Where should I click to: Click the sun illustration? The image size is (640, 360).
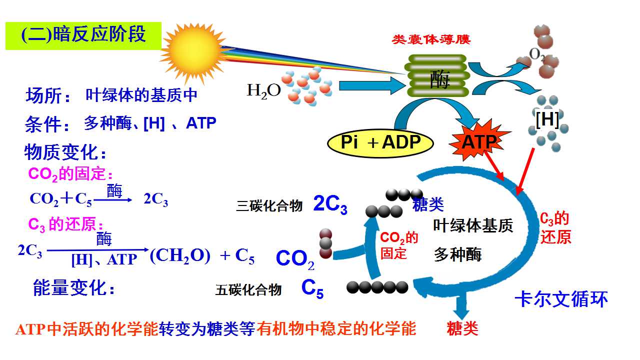193,53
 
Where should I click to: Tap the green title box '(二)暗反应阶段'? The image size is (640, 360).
83,35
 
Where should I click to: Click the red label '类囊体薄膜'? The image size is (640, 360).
431,39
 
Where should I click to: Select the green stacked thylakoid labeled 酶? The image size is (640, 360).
437,75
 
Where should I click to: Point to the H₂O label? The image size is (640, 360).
263,90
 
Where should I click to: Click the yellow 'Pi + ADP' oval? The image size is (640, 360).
380,143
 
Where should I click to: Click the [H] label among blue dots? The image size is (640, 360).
547,119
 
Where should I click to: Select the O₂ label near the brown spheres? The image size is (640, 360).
536,54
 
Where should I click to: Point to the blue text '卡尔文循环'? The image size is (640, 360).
561,299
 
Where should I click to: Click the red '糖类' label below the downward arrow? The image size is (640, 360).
462,328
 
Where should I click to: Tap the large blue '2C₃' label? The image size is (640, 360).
330,204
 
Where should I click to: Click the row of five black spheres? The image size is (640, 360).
377,287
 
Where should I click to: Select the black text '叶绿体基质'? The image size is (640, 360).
473,225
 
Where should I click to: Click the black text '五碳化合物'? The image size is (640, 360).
248,290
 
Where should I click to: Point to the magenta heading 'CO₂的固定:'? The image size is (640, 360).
70,173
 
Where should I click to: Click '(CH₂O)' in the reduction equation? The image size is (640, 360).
180,256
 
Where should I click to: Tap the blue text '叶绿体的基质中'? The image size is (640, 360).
141,95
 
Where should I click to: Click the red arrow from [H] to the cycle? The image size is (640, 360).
525,171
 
